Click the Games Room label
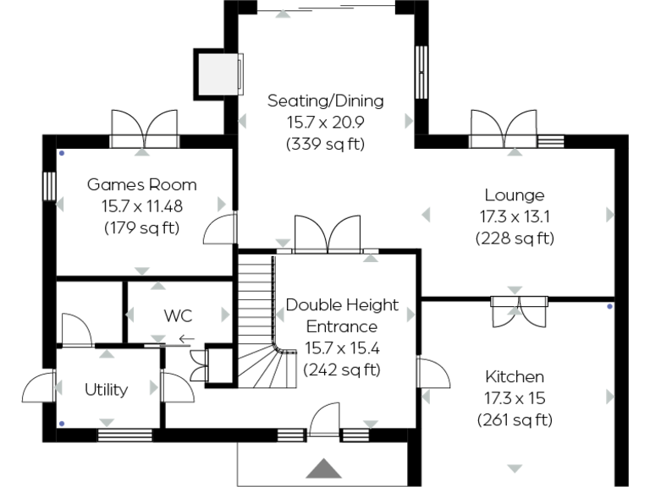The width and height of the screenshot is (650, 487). pyautogui.click(x=142, y=184)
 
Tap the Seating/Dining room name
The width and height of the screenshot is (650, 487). pyautogui.click(x=325, y=101)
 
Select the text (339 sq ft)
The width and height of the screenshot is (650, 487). pyautogui.click(x=325, y=143)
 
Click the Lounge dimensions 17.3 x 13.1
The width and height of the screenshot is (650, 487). pyautogui.click(x=515, y=216)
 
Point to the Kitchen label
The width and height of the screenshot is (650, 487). pyautogui.click(x=515, y=376)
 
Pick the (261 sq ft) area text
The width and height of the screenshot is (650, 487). pyautogui.click(x=515, y=419)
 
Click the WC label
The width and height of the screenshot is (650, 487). pyautogui.click(x=178, y=316)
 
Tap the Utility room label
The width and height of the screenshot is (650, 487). pyautogui.click(x=106, y=390)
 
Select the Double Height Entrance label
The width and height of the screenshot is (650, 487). pyautogui.click(x=331, y=315)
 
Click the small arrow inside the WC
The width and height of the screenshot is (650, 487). pyautogui.click(x=186, y=340)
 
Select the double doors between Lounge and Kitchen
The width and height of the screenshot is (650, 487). pyautogui.click(x=519, y=309)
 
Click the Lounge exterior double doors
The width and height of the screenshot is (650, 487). pyautogui.click(x=504, y=129)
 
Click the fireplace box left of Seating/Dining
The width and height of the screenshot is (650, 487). pyautogui.click(x=218, y=73)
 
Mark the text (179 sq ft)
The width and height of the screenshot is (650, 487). pyautogui.click(x=142, y=227)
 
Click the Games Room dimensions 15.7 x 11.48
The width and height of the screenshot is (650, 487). pyautogui.click(x=142, y=205)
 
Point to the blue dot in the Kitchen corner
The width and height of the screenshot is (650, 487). pyautogui.click(x=609, y=307)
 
